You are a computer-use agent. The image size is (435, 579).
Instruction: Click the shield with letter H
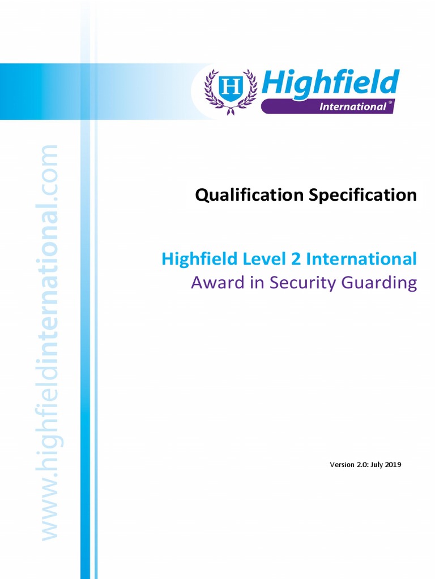(x=231, y=89)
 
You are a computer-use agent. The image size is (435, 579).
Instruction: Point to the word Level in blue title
(x=262, y=259)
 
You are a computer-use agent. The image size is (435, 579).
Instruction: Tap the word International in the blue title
(x=361, y=259)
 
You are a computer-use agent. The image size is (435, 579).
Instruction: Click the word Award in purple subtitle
(x=211, y=282)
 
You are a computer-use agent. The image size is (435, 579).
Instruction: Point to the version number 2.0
(x=363, y=465)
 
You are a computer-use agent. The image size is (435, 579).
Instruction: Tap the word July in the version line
(x=377, y=465)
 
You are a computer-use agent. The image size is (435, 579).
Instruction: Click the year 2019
(x=394, y=465)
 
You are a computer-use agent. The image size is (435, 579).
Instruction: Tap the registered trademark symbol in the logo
(x=390, y=104)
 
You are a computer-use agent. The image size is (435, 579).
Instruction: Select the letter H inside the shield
(x=231, y=88)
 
